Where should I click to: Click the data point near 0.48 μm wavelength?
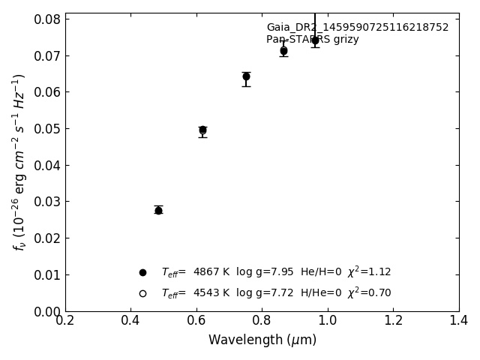(x=158, y=210)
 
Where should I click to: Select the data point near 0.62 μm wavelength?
(x=202, y=130)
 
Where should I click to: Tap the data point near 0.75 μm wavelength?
(x=246, y=76)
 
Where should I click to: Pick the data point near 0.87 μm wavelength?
(x=283, y=51)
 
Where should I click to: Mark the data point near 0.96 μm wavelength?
(x=315, y=40)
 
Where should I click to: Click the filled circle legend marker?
(x=142, y=272)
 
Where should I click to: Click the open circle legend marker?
(x=142, y=293)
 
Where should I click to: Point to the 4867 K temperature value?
(x=211, y=272)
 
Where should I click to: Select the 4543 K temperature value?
(x=211, y=293)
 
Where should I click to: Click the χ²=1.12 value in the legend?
(x=369, y=271)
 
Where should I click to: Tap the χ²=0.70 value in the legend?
(x=369, y=292)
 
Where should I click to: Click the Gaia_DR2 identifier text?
(x=357, y=28)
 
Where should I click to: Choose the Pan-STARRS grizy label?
(x=313, y=40)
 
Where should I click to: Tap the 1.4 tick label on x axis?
(x=459, y=320)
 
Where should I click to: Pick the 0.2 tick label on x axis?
(x=65, y=320)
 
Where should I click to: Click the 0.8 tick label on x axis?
(x=262, y=320)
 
